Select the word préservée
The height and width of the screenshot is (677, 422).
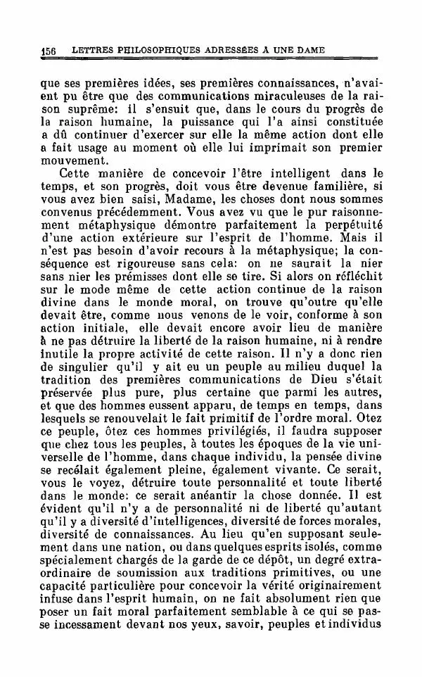70,396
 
